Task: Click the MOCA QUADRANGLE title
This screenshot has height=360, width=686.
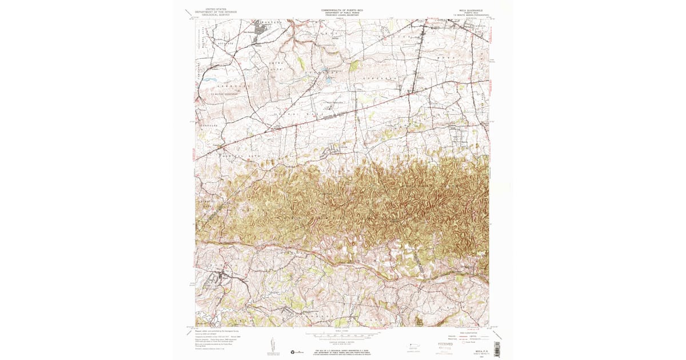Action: [x=470, y=10]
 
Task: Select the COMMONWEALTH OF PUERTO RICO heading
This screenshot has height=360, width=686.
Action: [x=342, y=10]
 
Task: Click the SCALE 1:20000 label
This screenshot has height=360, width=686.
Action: [x=341, y=330]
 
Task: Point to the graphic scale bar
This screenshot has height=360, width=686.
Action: [x=341, y=335]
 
